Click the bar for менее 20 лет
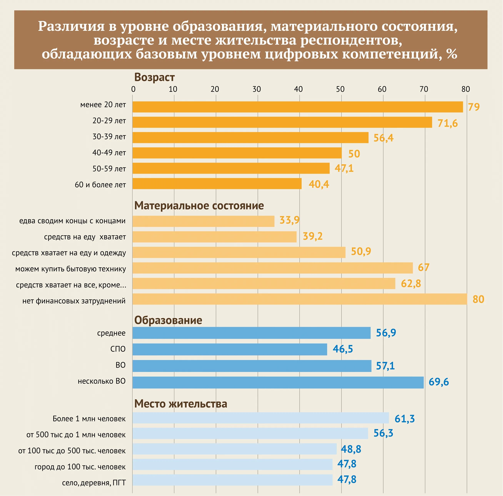coord(297,107)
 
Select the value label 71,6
coord(447,123)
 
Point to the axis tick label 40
coord(298,89)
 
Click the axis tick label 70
coord(424,89)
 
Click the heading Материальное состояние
coord(199,206)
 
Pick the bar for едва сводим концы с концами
coord(203,221)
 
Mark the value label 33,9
coord(289,220)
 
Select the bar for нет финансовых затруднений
coord(299,299)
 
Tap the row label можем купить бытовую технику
coord(71,269)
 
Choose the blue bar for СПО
coord(230,349)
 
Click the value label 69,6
coord(439,382)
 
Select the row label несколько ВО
coord(102,381)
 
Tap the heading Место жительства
coord(180,404)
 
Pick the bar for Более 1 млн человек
coord(260,418)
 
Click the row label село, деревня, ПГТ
coord(94,483)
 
